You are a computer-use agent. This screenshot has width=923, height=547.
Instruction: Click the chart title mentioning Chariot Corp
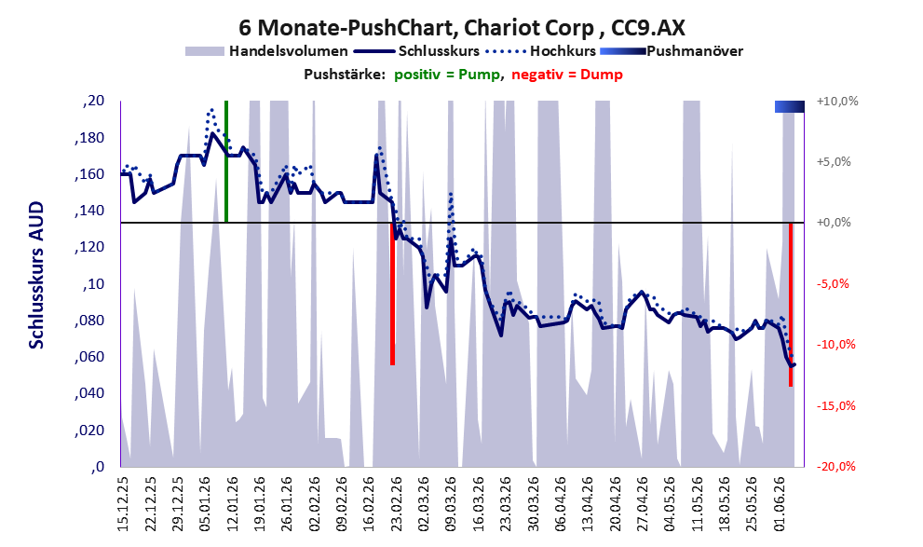pyautogui.click(x=462, y=27)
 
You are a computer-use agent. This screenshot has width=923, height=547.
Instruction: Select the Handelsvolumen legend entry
pyautogui.click(x=266, y=51)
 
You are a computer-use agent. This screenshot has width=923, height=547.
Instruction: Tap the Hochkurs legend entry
pyautogui.click(x=541, y=51)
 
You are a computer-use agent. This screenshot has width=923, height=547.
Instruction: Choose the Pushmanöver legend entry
pyautogui.click(x=672, y=51)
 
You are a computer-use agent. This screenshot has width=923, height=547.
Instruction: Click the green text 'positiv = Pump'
pyautogui.click(x=447, y=75)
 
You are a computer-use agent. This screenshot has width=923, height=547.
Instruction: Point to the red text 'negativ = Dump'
pyautogui.click(x=567, y=75)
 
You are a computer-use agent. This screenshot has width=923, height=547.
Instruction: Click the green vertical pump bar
pyautogui.click(x=226, y=161)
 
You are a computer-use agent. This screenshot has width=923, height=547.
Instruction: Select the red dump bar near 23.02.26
pyautogui.click(x=393, y=294)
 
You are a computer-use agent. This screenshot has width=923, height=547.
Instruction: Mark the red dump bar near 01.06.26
pyautogui.click(x=791, y=305)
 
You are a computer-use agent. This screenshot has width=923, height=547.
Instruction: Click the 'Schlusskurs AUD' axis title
pyautogui.click(x=36, y=275)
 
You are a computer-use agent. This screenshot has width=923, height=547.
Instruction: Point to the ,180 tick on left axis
pyautogui.click(x=88, y=138)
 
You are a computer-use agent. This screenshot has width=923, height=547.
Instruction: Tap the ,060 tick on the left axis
pyautogui.click(x=88, y=357)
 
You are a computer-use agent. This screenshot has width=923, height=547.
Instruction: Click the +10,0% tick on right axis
pyautogui.click(x=837, y=101)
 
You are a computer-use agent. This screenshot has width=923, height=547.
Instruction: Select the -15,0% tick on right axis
pyautogui.click(x=835, y=405)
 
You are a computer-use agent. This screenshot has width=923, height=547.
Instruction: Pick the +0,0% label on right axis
pyautogui.click(x=835, y=223)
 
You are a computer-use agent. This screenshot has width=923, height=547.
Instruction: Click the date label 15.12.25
pyautogui.click(x=123, y=504)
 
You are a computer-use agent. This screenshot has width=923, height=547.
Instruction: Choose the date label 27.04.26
pyautogui.click(x=643, y=504)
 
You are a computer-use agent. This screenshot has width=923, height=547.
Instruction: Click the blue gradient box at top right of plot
pyautogui.click(x=790, y=106)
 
